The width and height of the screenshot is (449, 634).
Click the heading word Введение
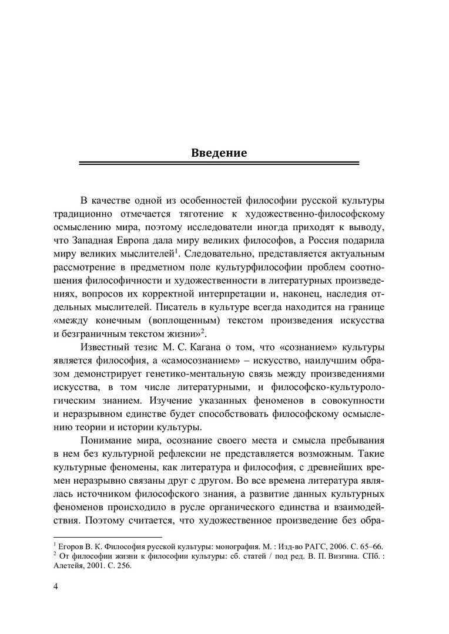[219, 153]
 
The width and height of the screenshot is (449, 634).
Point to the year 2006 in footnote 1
[336, 546]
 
